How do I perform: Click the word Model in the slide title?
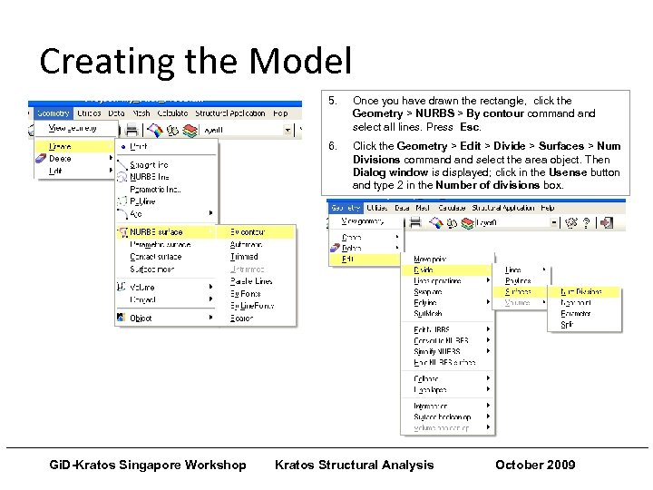tap(299, 62)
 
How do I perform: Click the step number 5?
tap(332, 101)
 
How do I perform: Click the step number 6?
tap(332, 146)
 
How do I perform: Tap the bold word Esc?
tap(470, 127)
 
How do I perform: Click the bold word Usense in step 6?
tap(567, 172)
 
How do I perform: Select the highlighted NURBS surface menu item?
tap(156, 232)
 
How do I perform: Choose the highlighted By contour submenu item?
tap(248, 232)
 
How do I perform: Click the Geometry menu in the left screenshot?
tap(53, 113)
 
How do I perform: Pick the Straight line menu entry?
tap(150, 165)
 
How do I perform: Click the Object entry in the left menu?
tap(141, 318)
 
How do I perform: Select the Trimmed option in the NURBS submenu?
tap(244, 257)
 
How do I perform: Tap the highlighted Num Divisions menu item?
tap(580, 292)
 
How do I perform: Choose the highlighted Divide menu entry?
tap(424, 269)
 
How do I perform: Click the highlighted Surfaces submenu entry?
tap(518, 292)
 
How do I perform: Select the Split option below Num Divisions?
tap(567, 325)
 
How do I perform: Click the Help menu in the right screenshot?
tap(548, 208)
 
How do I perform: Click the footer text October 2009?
tap(535, 465)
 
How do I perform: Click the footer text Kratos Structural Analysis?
tap(354, 465)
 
